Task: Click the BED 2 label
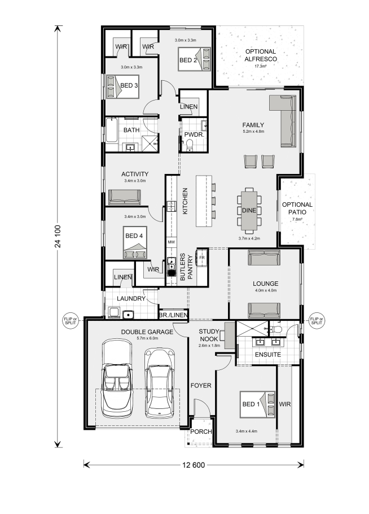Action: [188, 60]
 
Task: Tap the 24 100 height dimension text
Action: [58, 236]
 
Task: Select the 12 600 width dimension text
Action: [194, 465]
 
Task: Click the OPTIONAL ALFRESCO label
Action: [261, 55]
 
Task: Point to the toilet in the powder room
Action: [190, 145]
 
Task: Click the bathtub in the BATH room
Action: [112, 130]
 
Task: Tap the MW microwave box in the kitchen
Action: [171, 242]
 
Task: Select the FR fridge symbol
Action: [201, 258]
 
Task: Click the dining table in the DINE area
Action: [249, 211]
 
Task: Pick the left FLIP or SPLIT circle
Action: [71, 321]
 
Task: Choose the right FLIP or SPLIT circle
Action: [317, 321]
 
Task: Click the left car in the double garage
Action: [117, 378]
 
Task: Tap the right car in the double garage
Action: [160, 382]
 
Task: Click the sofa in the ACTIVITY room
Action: [125, 197]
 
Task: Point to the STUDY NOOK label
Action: [209, 335]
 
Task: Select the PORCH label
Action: [201, 432]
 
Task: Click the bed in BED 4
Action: [135, 242]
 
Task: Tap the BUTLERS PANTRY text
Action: [186, 267]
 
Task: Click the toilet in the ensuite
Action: [276, 329]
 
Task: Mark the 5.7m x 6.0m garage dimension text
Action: [147, 338]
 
